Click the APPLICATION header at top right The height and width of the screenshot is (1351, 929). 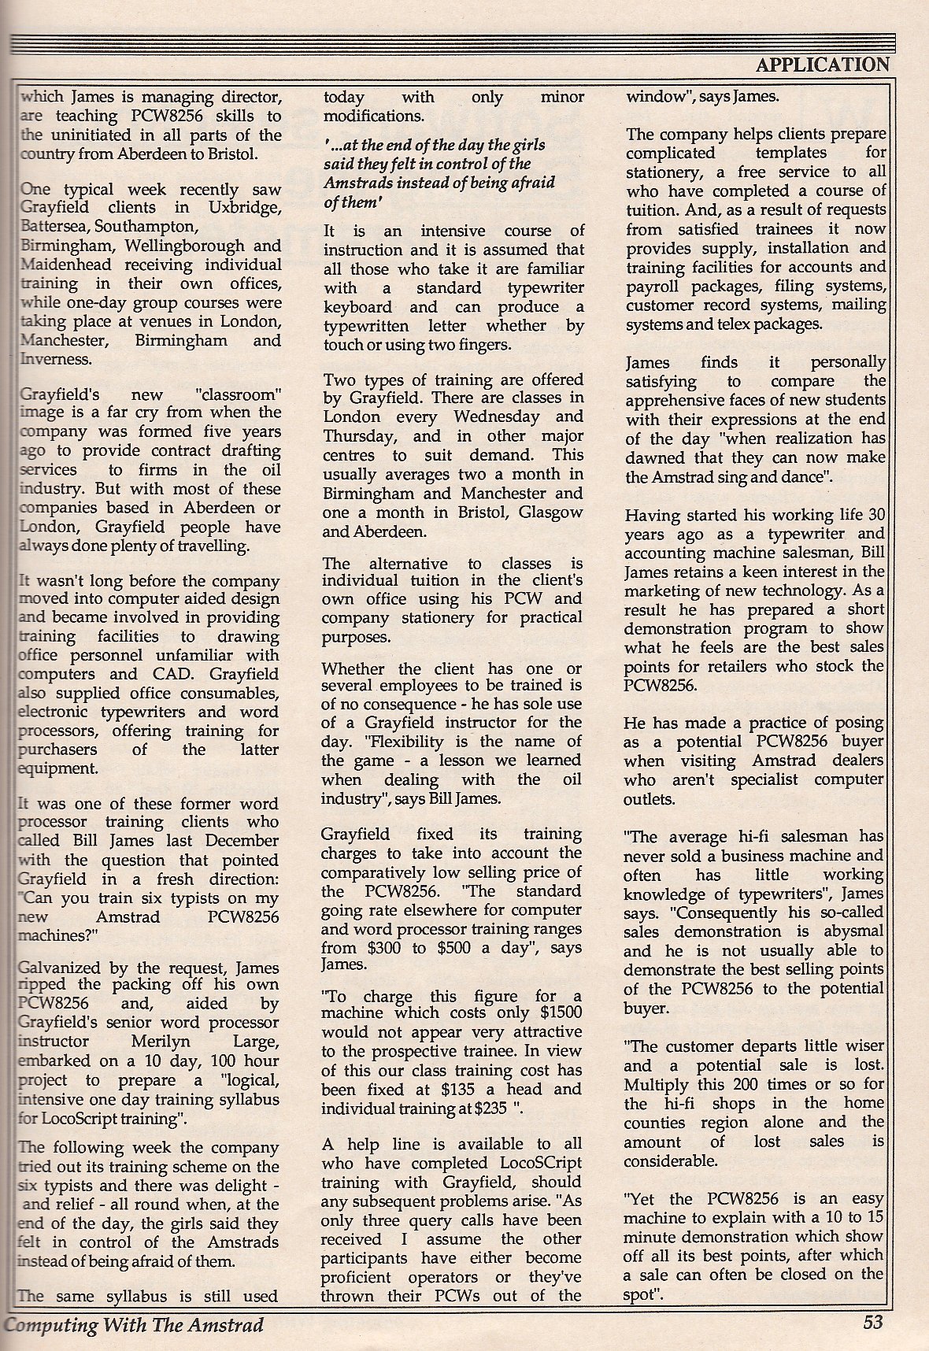(822, 65)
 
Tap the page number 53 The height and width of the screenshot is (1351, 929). (872, 1322)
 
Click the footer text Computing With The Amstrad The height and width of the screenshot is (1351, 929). (134, 1324)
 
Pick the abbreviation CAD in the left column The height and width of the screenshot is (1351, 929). (164, 674)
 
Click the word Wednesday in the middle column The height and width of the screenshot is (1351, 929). (497, 417)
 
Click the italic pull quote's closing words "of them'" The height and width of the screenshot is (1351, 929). (352, 202)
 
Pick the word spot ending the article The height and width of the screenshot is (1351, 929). (639, 1294)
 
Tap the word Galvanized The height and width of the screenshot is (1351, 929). (56, 966)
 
